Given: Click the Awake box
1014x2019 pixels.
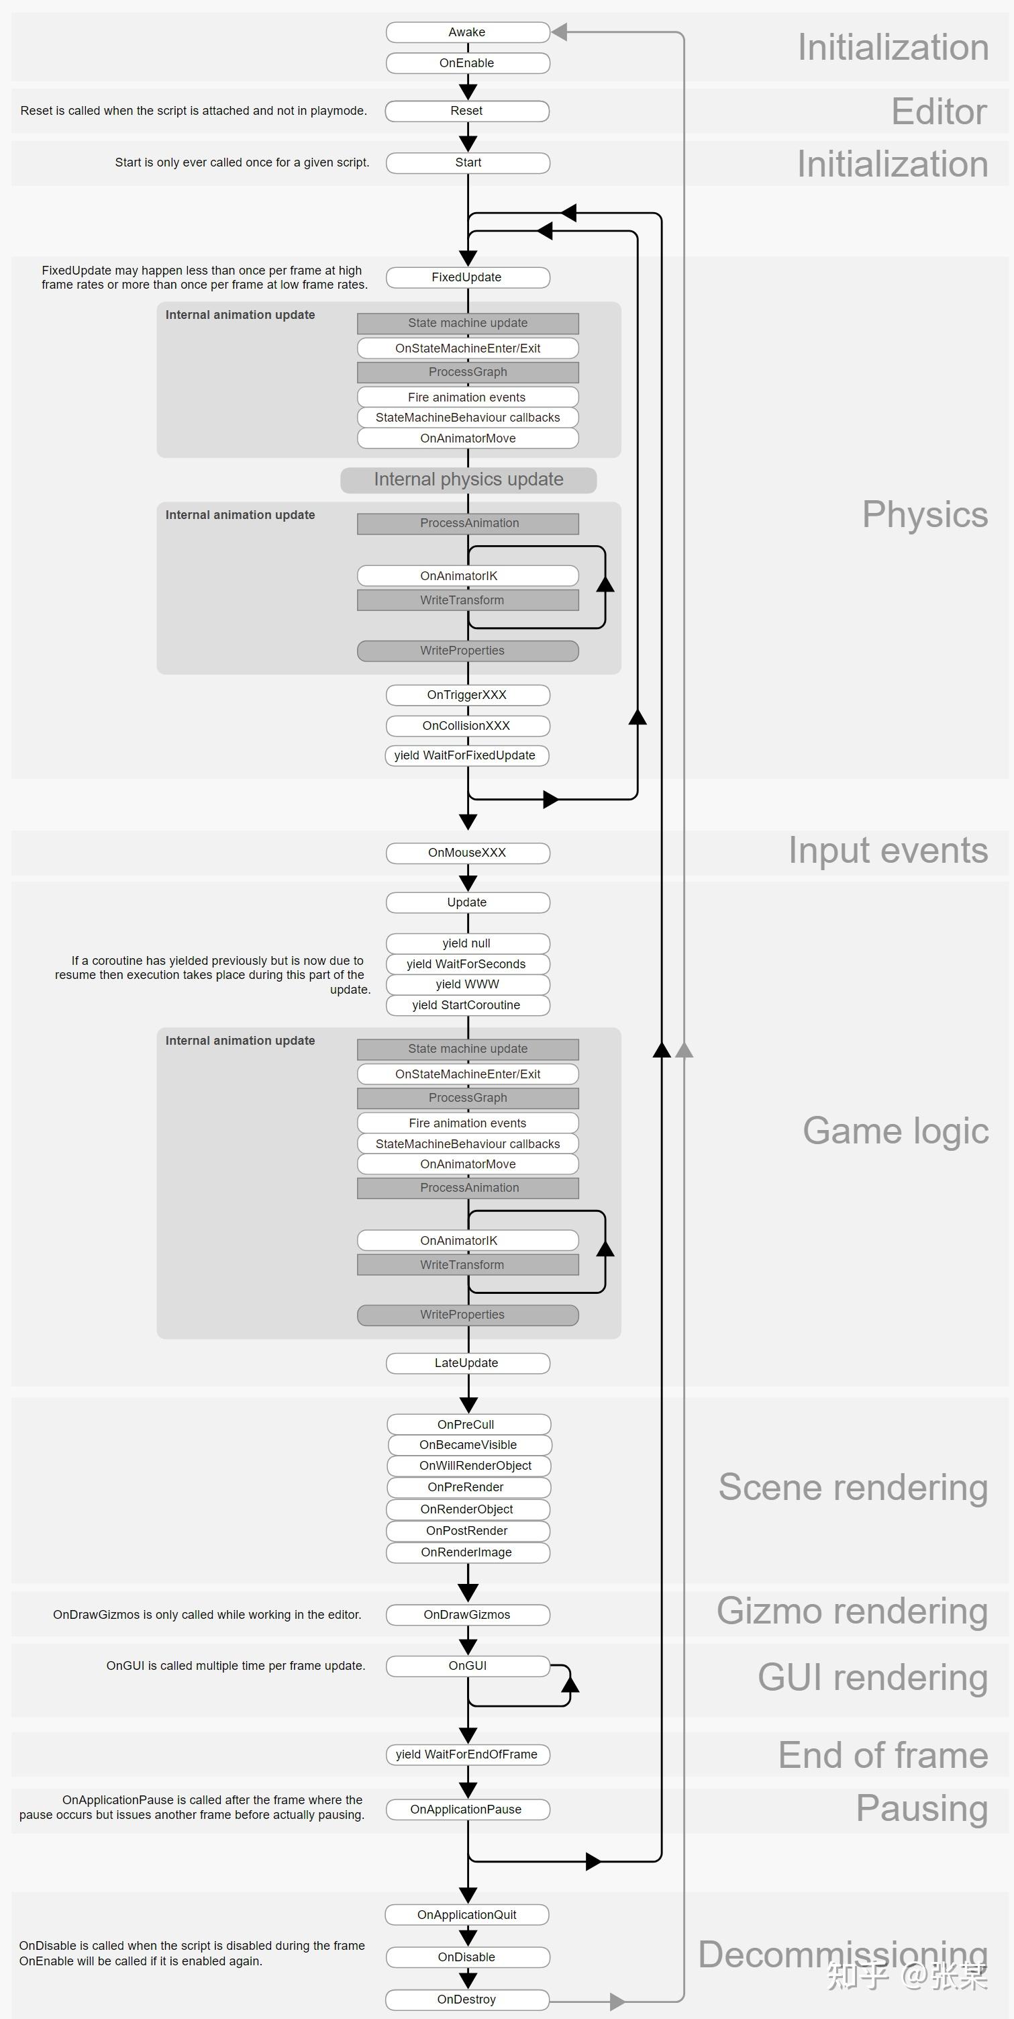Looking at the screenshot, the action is point(468,32).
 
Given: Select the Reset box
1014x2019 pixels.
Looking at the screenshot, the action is point(467,111).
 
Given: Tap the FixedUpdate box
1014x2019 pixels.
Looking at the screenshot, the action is point(468,277).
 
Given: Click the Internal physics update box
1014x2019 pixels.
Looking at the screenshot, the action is point(468,479).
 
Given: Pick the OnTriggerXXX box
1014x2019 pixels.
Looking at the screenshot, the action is point(468,695).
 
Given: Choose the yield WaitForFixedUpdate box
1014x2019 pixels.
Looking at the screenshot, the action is point(466,755).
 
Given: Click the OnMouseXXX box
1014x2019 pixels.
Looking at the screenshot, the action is point(468,853).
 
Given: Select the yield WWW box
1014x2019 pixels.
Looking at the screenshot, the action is point(468,984).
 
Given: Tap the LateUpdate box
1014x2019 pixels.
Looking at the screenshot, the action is point(468,1363).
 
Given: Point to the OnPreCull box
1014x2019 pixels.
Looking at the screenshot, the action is point(468,1424).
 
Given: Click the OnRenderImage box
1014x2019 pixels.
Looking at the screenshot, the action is point(468,1552).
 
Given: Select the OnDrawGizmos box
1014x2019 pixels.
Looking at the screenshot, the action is point(468,1615).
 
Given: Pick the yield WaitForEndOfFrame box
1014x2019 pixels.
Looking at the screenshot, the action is point(468,1754).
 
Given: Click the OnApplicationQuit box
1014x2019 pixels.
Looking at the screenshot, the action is point(467,1915).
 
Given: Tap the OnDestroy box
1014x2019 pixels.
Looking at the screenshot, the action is point(467,2000).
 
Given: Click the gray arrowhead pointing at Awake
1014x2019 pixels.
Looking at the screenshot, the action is point(559,32).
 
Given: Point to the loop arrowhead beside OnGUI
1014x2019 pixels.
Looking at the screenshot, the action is point(570,1683).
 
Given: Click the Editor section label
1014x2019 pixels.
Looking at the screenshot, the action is point(939,111).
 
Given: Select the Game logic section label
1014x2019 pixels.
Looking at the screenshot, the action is point(896,1131).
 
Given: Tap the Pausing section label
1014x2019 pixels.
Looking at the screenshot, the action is point(921,1809).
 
